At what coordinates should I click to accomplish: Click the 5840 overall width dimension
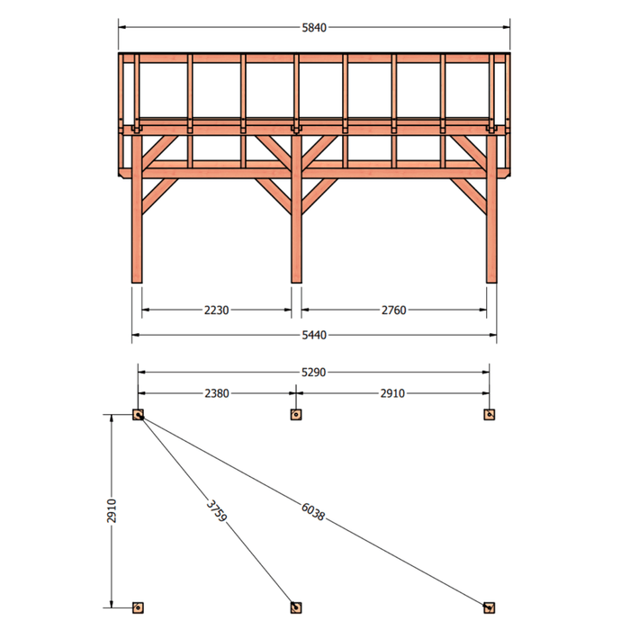click(x=314, y=28)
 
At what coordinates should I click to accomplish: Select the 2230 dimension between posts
click(x=217, y=310)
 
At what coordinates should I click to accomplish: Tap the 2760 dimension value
click(x=394, y=310)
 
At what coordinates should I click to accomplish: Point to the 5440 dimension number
click(x=314, y=335)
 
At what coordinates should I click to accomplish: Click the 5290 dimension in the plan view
click(x=313, y=373)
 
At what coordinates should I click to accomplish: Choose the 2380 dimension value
click(x=217, y=393)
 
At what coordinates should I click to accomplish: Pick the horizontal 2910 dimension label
click(x=392, y=393)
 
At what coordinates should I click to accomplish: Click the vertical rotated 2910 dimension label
click(x=112, y=510)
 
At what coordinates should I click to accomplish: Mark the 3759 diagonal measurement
click(x=217, y=510)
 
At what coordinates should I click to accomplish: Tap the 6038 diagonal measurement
click(x=312, y=511)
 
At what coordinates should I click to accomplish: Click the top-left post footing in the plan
click(x=138, y=415)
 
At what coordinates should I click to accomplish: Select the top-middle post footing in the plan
click(x=296, y=415)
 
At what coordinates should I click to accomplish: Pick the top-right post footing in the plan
click(x=490, y=415)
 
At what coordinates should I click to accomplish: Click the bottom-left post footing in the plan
click(x=138, y=607)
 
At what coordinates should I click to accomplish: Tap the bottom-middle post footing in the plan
click(x=296, y=607)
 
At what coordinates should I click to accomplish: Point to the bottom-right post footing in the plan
click(x=490, y=607)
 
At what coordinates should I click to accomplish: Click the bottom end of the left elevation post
click(x=137, y=283)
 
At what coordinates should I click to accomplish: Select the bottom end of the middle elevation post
click(x=296, y=283)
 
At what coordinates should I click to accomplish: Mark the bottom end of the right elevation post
click(x=491, y=283)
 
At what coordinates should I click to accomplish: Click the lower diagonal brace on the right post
click(x=469, y=195)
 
